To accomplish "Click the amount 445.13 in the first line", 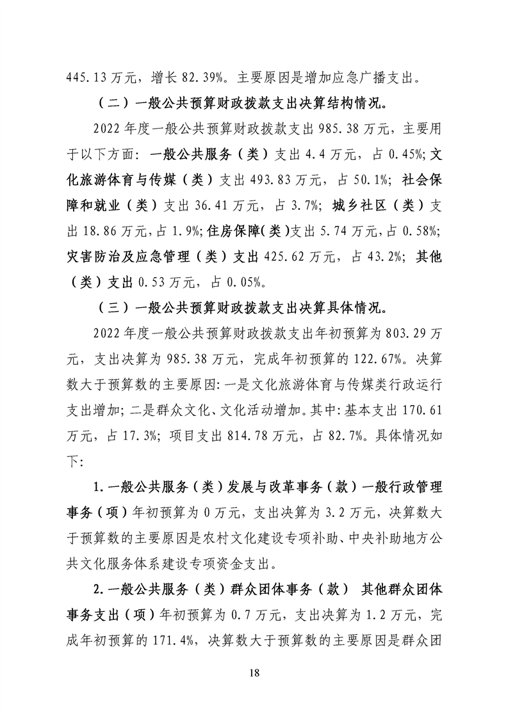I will (88, 80).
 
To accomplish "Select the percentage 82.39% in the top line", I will (203, 80).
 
